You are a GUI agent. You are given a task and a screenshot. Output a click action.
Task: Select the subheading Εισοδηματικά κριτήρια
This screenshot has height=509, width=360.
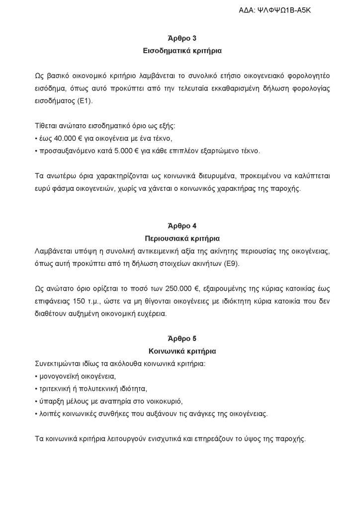[x=180, y=51]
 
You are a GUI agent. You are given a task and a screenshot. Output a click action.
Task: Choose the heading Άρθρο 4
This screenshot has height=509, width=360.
[x=180, y=227]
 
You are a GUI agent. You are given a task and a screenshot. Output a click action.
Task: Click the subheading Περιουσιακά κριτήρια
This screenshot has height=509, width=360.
[x=180, y=239]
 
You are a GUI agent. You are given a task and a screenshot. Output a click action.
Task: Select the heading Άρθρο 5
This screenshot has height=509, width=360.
[x=180, y=339]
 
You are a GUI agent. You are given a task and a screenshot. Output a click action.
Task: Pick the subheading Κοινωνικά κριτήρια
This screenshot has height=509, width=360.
[x=180, y=351]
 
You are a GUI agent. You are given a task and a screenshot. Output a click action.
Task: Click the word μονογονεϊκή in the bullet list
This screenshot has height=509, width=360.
[x=58, y=376]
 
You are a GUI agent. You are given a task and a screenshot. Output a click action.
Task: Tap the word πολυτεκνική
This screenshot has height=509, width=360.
[x=95, y=388]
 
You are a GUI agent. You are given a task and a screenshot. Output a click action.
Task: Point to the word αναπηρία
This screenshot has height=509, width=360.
[x=114, y=401]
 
